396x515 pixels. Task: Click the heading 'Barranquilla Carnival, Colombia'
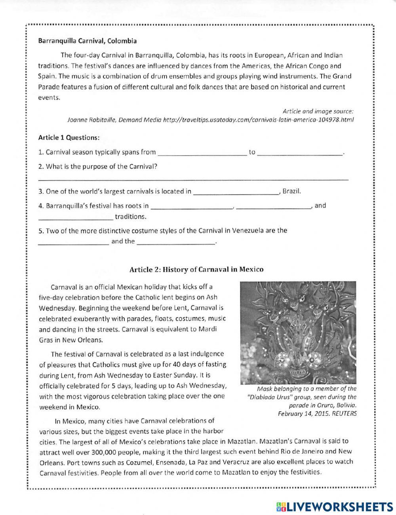pos(88,41)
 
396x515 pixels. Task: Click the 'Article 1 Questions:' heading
pos(69,138)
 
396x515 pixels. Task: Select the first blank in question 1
pos(202,152)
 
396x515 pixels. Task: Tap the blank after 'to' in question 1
pos(300,152)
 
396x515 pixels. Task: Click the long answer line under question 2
pos(193,179)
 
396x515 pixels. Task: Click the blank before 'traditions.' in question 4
pos(76,217)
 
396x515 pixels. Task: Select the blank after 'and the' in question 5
pos(176,241)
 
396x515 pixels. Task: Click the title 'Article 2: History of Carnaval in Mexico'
pos(196,270)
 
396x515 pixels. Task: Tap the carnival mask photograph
pos(298,333)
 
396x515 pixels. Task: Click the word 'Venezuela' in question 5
pos(248,230)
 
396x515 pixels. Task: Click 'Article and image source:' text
pos(318,112)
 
